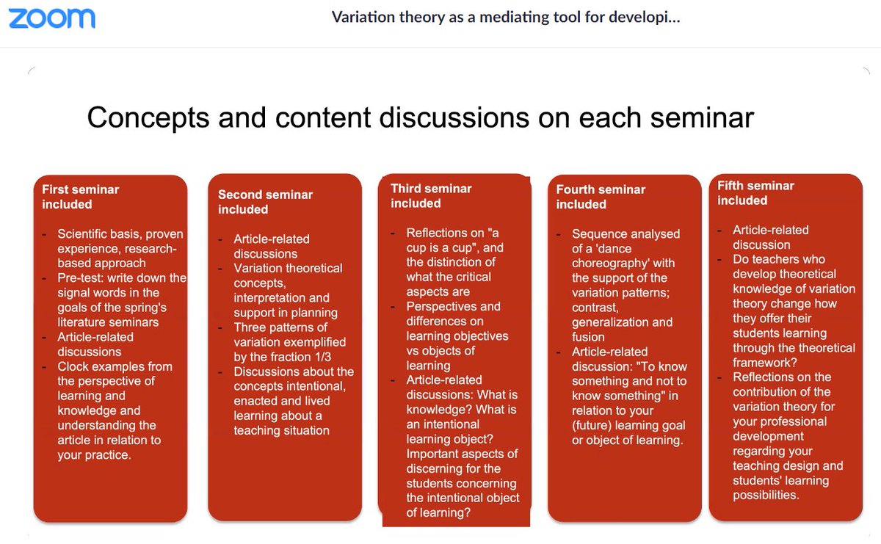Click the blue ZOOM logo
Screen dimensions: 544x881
[x=52, y=18]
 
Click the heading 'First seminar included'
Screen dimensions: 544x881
[x=80, y=196]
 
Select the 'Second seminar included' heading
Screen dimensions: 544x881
[x=265, y=202]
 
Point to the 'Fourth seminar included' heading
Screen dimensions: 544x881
[x=601, y=196]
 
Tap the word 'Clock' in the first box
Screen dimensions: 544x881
[x=75, y=366]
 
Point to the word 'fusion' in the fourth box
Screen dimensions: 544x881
[x=588, y=337]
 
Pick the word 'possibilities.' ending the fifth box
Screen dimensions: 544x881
[x=766, y=496]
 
